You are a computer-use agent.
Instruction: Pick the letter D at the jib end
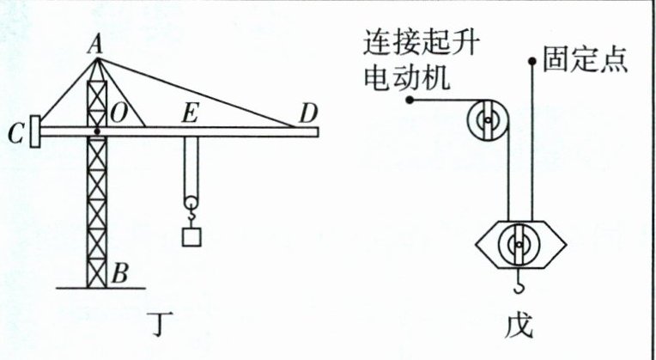[x=306, y=113]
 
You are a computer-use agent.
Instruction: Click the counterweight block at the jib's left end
[x=34, y=132]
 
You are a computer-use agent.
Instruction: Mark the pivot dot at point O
[x=99, y=131]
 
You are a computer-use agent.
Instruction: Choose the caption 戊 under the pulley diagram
[x=519, y=326]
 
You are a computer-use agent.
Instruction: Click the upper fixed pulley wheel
[x=487, y=121]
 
